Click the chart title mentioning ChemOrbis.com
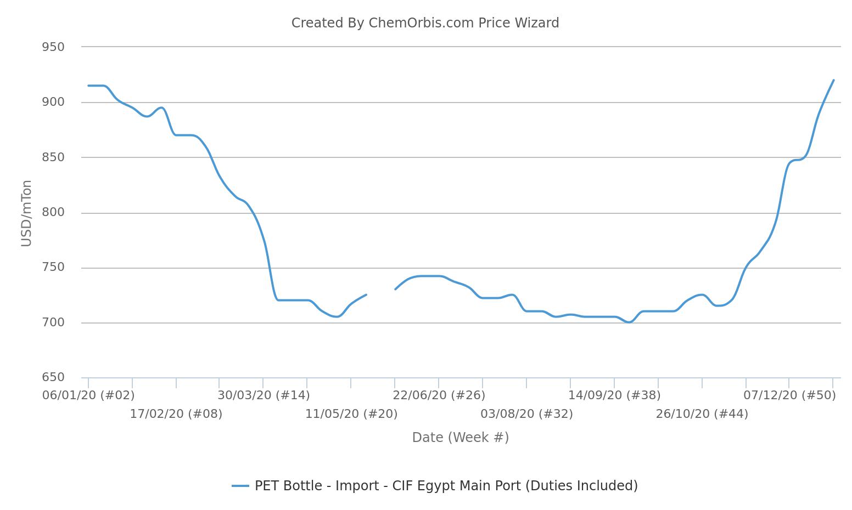tap(425, 23)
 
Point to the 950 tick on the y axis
tap(53, 47)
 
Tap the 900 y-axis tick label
tap(53, 102)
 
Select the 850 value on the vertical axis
tap(53, 157)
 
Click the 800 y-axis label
tap(53, 212)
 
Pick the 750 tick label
tap(53, 268)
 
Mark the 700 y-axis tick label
tap(53, 322)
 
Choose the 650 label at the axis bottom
tap(53, 377)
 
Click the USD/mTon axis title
tap(26, 213)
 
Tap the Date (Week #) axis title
tap(460, 438)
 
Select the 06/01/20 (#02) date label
tap(88, 395)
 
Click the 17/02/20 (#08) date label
tap(176, 414)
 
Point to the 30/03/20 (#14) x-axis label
tap(264, 395)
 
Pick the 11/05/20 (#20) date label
tap(351, 414)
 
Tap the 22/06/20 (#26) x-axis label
tap(439, 395)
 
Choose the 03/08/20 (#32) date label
tap(526, 414)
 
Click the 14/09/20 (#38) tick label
tap(614, 395)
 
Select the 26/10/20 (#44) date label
tap(702, 414)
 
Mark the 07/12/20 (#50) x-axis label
tap(789, 395)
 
